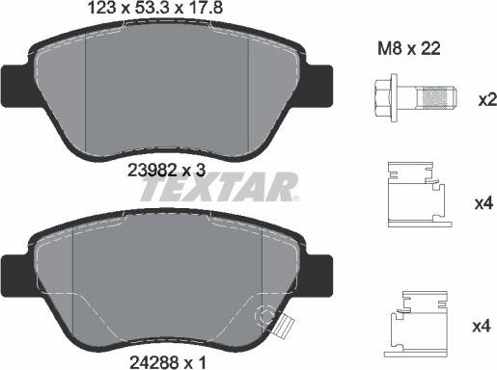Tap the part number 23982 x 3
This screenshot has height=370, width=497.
(x=167, y=168)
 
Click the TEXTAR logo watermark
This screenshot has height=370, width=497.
(x=216, y=189)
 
